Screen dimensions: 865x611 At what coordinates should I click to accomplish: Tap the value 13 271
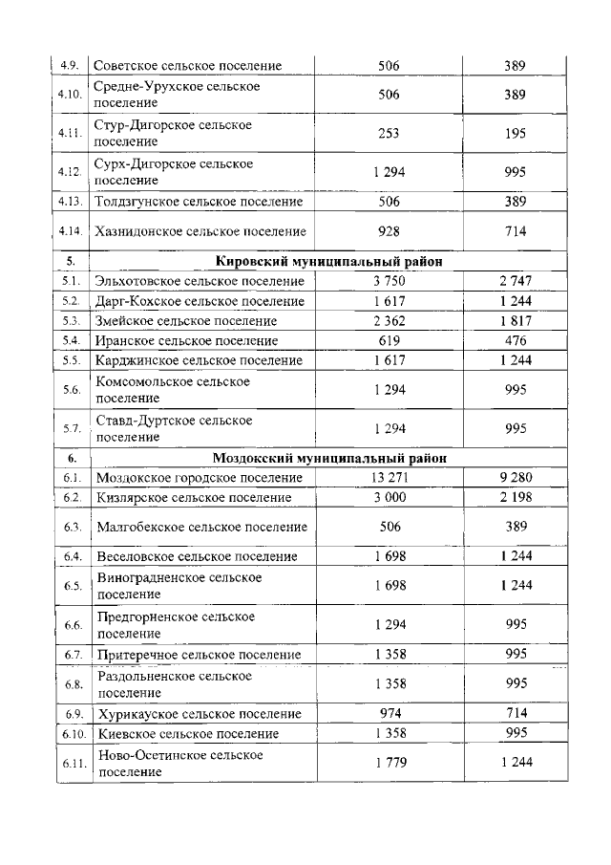coord(389,478)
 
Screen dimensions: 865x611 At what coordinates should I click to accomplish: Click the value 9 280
coord(516,478)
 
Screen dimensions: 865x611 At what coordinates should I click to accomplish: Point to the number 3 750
coord(389,281)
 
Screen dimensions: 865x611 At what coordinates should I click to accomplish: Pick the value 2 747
coord(516,281)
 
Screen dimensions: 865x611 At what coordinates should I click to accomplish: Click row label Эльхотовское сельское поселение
coord(200,281)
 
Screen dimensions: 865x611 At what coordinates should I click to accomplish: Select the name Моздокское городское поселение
coord(200,478)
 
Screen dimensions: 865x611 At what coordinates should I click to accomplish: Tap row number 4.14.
coord(70,231)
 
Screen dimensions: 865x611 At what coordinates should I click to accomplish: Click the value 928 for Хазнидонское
coord(389,231)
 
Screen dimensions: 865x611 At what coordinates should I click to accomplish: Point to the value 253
coord(389,134)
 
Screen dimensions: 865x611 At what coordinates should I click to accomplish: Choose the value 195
coord(516,134)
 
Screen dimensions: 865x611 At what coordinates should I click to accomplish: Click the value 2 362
coord(389,321)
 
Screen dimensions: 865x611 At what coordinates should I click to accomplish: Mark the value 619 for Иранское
coord(389,340)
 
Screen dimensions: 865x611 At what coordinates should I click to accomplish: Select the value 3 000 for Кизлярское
coord(389,497)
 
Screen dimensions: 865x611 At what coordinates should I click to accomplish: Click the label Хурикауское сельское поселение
coord(199,714)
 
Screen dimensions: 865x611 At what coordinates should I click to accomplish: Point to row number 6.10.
coord(70,733)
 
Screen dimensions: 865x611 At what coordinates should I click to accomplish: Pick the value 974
coord(389,714)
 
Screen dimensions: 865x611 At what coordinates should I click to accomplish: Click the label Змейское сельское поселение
coord(186,321)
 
